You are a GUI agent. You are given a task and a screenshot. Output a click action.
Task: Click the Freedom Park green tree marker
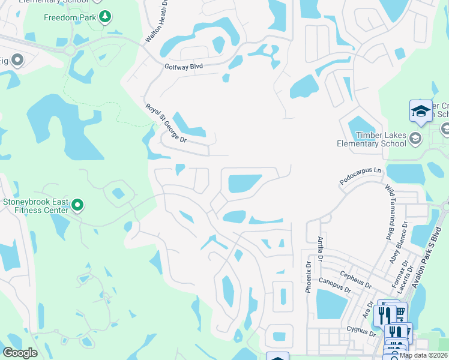[105, 17]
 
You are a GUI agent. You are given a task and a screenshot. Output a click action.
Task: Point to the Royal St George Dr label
[166, 123]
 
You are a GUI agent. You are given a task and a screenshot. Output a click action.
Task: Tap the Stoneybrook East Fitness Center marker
[77, 206]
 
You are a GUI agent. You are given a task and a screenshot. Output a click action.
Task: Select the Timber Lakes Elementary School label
[371, 140]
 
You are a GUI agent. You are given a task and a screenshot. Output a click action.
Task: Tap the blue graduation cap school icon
[421, 111]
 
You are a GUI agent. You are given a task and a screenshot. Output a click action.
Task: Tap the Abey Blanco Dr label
[398, 242]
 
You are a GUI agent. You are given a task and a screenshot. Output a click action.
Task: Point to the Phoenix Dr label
[308, 275]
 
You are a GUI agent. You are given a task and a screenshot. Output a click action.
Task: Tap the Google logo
[20, 353]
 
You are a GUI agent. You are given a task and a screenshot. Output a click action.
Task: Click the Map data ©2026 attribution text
[423, 355]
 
